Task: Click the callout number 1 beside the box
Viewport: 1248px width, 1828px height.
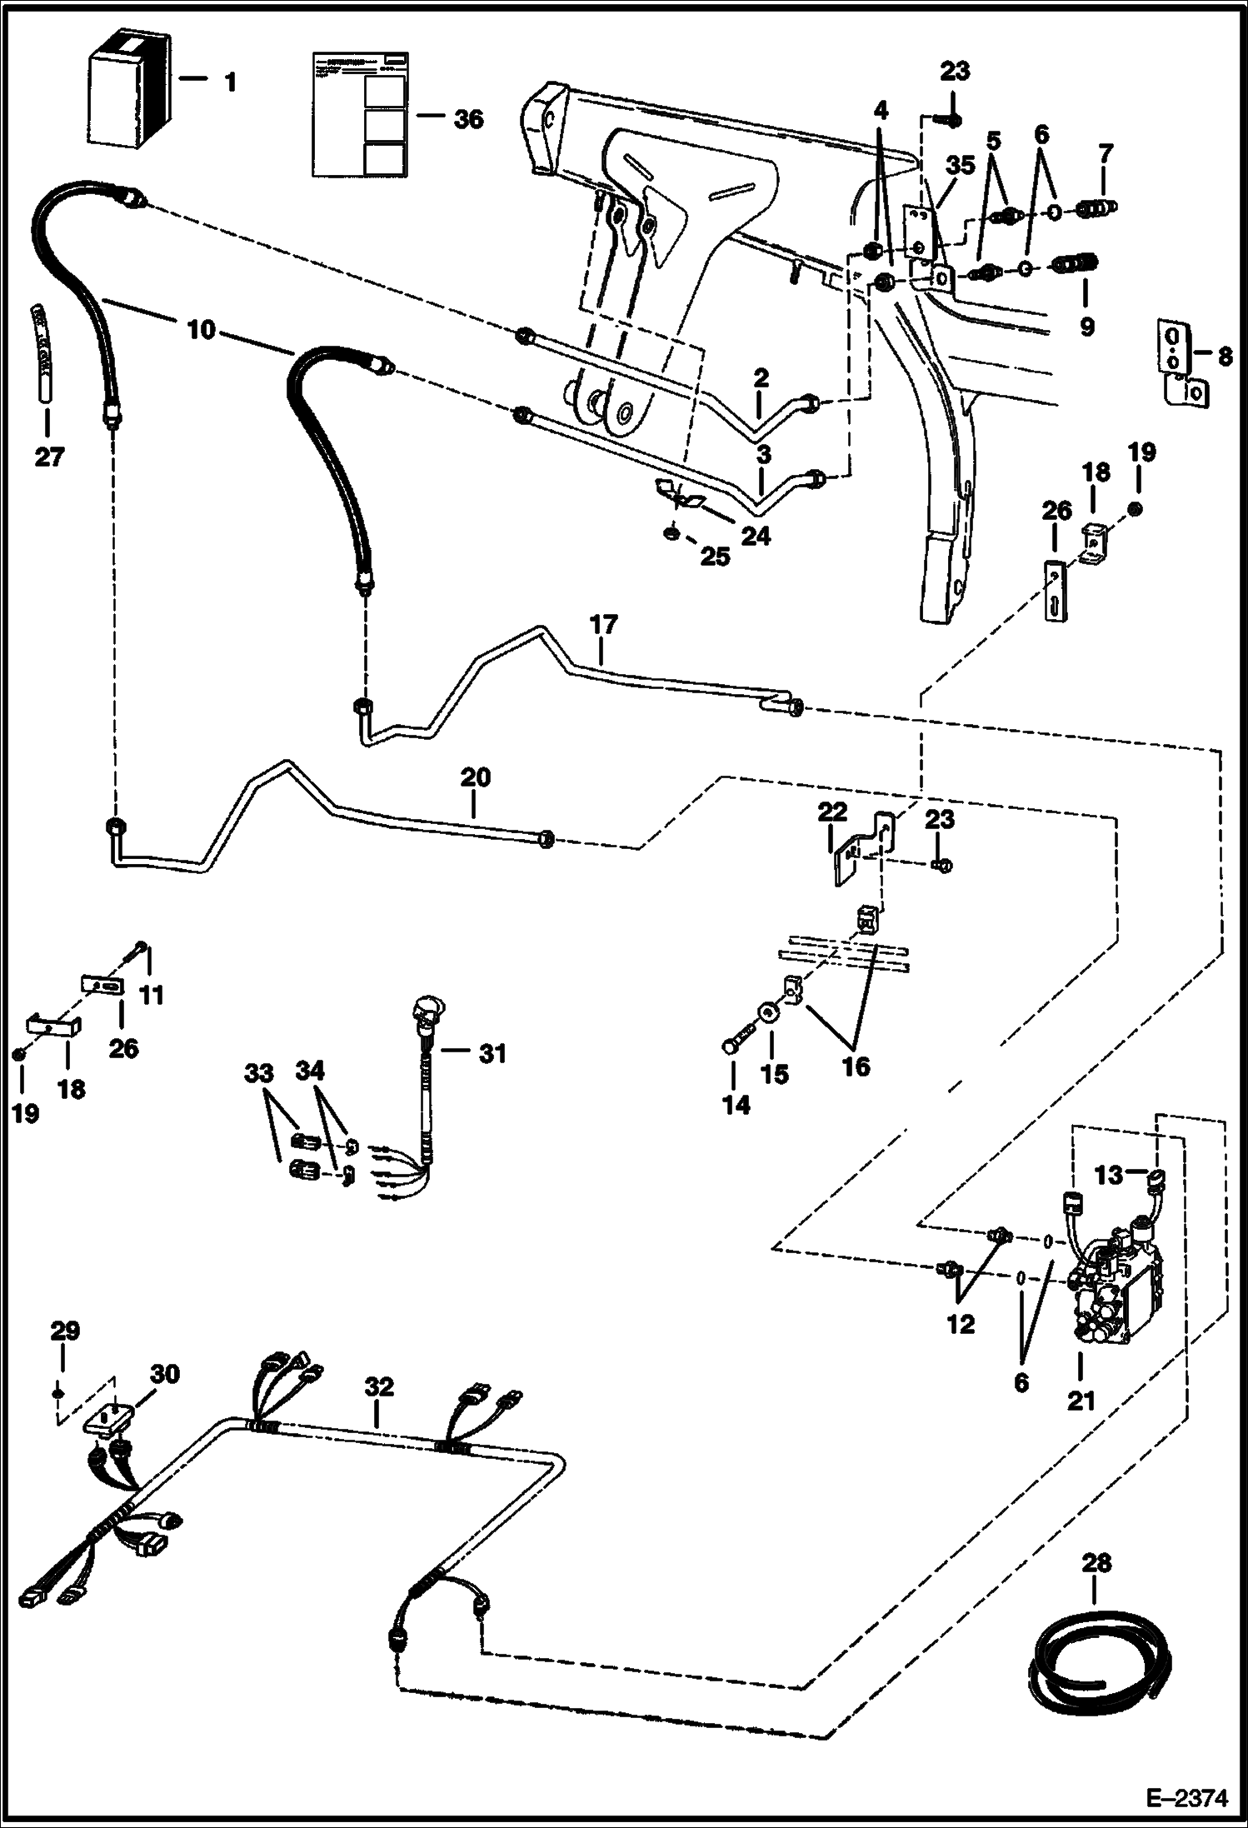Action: click(x=230, y=82)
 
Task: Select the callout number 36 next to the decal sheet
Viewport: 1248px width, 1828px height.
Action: click(x=468, y=120)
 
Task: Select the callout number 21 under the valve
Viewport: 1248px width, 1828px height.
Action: click(x=1081, y=1401)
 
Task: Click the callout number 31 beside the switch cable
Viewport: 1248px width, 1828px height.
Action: click(x=492, y=1053)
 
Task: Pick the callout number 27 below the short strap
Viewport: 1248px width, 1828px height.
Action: click(x=48, y=457)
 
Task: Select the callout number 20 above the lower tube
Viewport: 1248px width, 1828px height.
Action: click(x=475, y=778)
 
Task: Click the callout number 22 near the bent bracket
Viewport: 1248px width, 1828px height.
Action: click(x=832, y=811)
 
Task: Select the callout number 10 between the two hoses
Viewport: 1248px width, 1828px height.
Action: click(x=202, y=330)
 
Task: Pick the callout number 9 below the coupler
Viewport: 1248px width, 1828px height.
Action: click(x=1086, y=327)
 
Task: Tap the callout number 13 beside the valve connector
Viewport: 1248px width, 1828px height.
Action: click(x=1109, y=1176)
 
